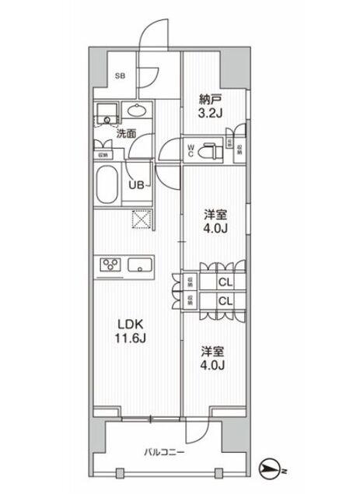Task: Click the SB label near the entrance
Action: pyautogui.click(x=121, y=75)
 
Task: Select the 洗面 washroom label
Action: pyautogui.click(x=126, y=133)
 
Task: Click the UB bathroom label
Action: pyautogui.click(x=135, y=184)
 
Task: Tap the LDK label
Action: pyautogui.click(x=130, y=323)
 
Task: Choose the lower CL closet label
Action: pyautogui.click(x=224, y=300)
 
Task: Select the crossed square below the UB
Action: pyautogui.click(x=141, y=222)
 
